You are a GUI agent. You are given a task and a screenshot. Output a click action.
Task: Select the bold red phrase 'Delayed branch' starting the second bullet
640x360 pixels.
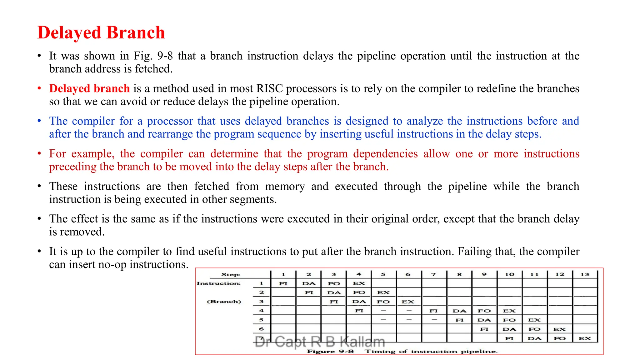89,88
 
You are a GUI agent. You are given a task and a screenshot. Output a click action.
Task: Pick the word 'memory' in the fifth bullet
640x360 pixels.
285,186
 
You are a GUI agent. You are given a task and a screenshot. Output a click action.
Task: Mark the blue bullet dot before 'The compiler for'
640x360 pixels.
39,121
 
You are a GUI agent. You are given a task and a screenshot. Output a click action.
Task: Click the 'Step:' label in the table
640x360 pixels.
231,275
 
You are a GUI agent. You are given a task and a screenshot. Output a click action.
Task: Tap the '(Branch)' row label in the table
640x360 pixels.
224,302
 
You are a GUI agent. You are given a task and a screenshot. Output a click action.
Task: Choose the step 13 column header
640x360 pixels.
585,274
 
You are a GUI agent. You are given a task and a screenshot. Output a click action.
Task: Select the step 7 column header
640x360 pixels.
433,274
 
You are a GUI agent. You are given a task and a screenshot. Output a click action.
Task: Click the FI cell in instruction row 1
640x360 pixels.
283,283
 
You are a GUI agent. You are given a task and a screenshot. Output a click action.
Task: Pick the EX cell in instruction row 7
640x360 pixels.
585,338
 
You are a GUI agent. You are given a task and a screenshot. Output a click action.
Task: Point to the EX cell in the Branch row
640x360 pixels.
408,302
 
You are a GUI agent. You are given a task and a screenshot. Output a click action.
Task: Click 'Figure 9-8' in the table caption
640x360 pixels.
330,351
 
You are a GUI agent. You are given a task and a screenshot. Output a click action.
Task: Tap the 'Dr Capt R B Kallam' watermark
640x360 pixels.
320,342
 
